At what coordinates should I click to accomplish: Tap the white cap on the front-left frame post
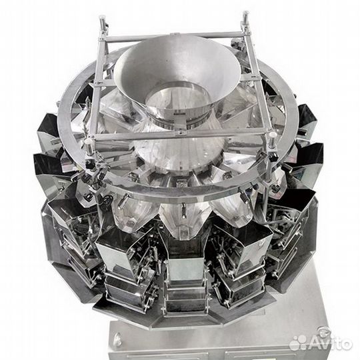pyautogui.click(x=88, y=142)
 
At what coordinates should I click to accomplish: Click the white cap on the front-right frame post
pyautogui.click(x=272, y=134)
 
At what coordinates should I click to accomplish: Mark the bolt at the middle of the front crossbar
pyautogui.click(x=181, y=133)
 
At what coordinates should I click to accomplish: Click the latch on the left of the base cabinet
pyautogui.click(x=119, y=337)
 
